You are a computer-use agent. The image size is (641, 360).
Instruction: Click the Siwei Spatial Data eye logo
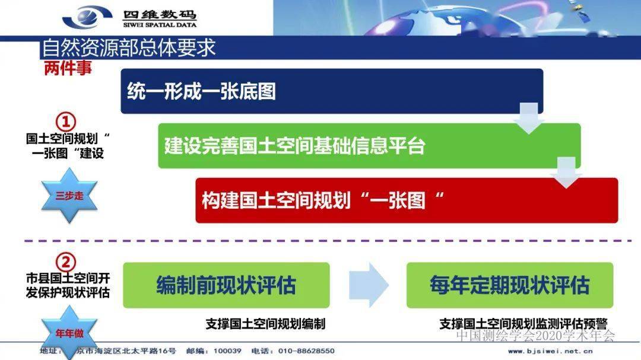[87, 17]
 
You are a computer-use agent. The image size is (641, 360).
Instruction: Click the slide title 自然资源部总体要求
[129, 48]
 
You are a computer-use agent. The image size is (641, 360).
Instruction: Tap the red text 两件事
[68, 68]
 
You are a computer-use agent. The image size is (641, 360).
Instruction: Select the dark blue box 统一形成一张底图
[332, 91]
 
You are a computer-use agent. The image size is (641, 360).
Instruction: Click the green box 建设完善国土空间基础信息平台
[369, 146]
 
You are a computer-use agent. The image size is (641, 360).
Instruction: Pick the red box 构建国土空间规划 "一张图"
[407, 200]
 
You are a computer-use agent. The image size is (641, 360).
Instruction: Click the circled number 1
[66, 122]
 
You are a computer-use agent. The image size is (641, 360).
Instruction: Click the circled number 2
[66, 262]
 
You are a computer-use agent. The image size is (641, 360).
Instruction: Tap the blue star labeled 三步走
[69, 196]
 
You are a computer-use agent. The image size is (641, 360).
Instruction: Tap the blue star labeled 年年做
[69, 333]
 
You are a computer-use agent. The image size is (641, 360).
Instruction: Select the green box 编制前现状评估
[226, 285]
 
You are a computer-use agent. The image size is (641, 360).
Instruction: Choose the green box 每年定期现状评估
[510, 285]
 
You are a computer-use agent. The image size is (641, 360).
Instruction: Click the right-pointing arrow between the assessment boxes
[369, 285]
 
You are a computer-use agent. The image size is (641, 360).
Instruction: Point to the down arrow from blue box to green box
[529, 118]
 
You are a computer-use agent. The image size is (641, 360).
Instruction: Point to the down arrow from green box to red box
[566, 173]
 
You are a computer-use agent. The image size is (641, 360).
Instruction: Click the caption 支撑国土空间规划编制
[265, 324]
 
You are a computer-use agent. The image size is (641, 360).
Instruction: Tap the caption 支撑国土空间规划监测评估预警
[523, 324]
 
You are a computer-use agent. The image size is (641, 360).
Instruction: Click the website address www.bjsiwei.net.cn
[550, 351]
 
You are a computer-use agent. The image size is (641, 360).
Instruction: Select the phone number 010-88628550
[306, 351]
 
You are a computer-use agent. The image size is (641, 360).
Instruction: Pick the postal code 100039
[227, 351]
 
